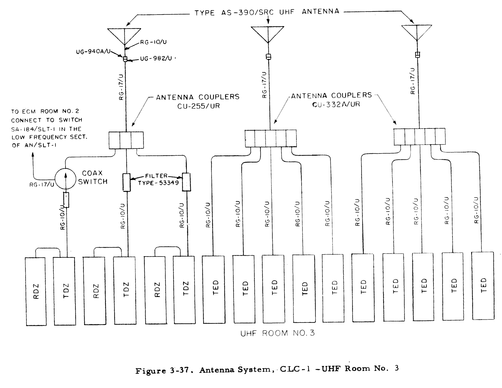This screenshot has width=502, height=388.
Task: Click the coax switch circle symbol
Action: pyautogui.click(x=65, y=179)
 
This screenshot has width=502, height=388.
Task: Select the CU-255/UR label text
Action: pyautogui.click(x=198, y=106)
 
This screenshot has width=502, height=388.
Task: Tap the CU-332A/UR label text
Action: pyautogui.click(x=336, y=104)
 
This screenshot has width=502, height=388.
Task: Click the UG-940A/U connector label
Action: pyautogui.click(x=93, y=51)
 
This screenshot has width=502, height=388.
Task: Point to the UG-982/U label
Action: pyautogui.click(x=156, y=58)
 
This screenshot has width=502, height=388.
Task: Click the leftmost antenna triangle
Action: pyautogui.click(x=124, y=36)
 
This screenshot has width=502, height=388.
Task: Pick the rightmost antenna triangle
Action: pyautogui.click(x=417, y=32)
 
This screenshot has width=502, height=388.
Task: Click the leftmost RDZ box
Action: pyautogui.click(x=36, y=291)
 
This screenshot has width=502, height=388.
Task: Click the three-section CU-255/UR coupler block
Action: pyautogui.click(x=126, y=140)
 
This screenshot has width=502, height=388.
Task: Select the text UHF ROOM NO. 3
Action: pyautogui.click(x=277, y=333)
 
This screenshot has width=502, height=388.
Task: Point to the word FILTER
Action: pyautogui.click(x=156, y=176)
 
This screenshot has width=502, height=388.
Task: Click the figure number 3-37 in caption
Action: pyautogui.click(x=179, y=370)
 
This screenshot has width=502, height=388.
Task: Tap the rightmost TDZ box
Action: pyautogui.click(x=184, y=290)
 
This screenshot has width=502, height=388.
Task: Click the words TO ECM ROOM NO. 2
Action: pyautogui.click(x=45, y=111)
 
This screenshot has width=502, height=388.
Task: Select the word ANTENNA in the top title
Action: pyautogui.click(x=320, y=12)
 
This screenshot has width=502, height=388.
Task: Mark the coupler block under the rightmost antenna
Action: pyautogui.click(x=419, y=136)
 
